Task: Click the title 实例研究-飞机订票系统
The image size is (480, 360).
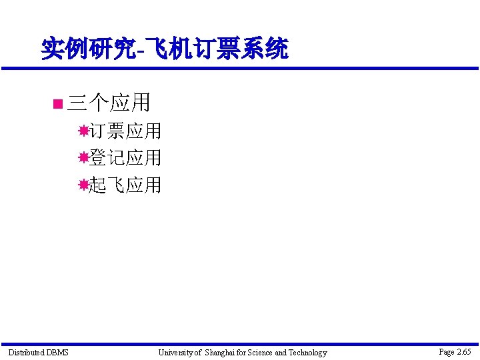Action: click(164, 49)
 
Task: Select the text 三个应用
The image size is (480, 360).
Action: click(109, 103)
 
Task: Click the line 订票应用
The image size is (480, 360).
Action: click(125, 131)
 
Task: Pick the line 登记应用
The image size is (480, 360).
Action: click(125, 158)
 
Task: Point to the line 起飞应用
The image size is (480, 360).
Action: click(125, 185)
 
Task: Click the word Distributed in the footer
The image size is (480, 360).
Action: click(26, 353)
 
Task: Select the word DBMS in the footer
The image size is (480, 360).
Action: click(57, 353)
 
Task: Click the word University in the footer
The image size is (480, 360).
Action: click(175, 353)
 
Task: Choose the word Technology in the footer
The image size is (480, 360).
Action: click(308, 353)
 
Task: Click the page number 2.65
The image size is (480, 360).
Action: click(464, 352)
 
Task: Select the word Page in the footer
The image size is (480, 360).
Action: click(447, 352)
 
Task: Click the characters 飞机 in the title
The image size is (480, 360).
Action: click(175, 49)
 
